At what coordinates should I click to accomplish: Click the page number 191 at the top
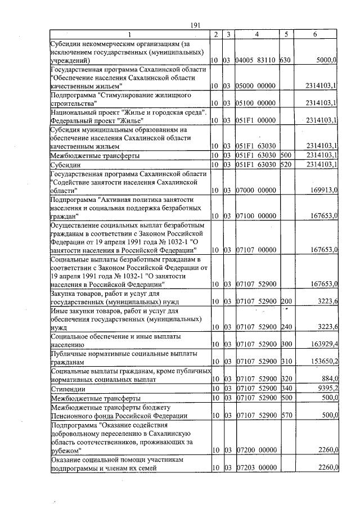tap(196, 25)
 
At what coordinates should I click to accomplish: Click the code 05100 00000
tap(255, 103)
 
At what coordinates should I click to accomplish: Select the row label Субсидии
tap(64, 165)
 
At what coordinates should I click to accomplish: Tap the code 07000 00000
tap(255, 191)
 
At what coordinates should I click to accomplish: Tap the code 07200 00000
tap(255, 450)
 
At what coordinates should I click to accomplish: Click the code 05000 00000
tap(255, 85)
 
